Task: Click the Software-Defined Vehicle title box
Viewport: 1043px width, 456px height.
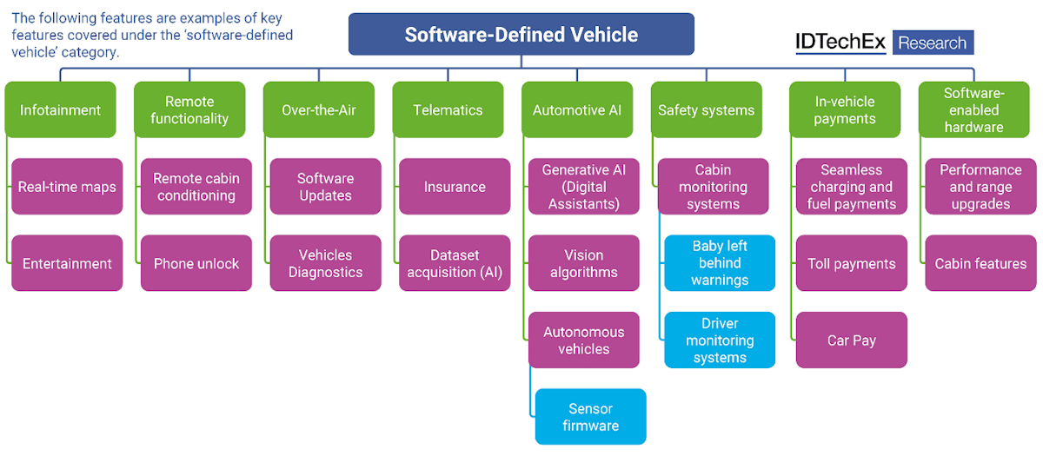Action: [x=521, y=35]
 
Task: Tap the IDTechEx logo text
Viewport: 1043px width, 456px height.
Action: [x=839, y=43]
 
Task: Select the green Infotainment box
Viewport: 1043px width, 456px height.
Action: [x=60, y=110]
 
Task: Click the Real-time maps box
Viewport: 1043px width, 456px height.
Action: [x=67, y=187]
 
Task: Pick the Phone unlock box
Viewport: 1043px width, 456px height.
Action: [x=196, y=263]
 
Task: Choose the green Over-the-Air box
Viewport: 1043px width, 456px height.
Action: [x=318, y=110]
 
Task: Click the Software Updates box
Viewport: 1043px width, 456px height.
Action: [x=325, y=187]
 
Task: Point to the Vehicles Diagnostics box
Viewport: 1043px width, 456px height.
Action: [x=325, y=263]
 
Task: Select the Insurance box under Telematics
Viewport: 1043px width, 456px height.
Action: [x=455, y=187]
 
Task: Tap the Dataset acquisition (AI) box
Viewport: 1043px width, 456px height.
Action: [x=455, y=263]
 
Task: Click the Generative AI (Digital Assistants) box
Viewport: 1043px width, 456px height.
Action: [x=584, y=187]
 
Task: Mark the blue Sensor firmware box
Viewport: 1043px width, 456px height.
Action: [x=591, y=417]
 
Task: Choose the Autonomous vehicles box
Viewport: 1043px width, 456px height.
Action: [x=584, y=340]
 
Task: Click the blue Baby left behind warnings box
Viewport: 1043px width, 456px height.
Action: [x=720, y=263]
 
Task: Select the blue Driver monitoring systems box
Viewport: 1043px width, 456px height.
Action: [x=720, y=340]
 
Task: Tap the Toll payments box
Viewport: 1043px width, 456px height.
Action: [x=852, y=263]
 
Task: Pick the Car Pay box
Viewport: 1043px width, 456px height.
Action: [x=852, y=340]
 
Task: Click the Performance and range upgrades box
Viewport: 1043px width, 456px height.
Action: [x=980, y=187]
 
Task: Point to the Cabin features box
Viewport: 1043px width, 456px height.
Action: [x=980, y=263]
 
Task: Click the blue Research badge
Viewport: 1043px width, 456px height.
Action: [x=933, y=43]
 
